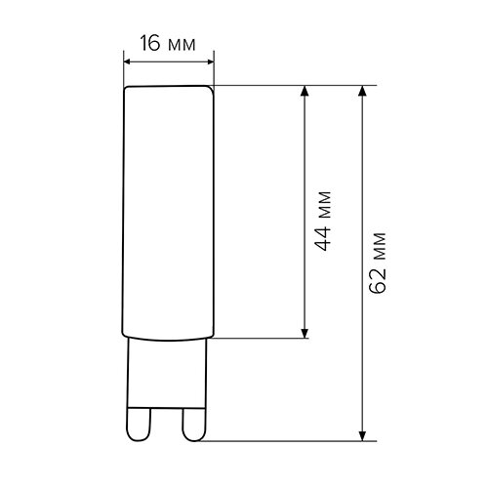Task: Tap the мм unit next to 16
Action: tap(183, 44)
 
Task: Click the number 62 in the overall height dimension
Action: tap(382, 277)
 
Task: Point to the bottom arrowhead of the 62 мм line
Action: tap(363, 434)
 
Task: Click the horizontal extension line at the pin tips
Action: tap(283, 440)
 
